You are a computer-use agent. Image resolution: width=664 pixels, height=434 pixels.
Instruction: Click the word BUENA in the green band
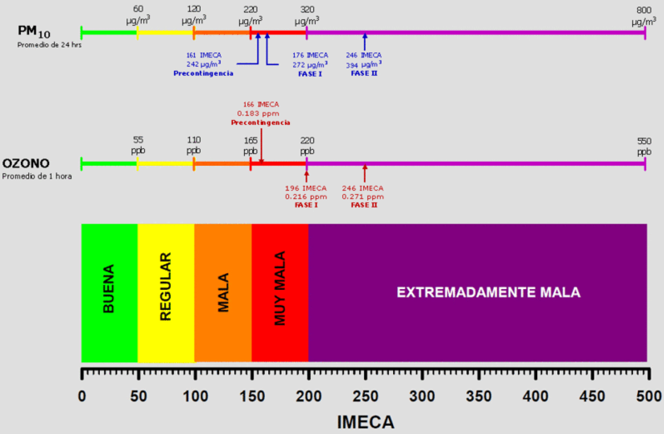tap(109, 289)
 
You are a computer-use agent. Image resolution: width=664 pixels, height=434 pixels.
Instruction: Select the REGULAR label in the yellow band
tap(166, 286)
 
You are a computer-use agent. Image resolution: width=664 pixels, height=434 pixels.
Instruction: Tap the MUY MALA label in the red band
tap(280, 288)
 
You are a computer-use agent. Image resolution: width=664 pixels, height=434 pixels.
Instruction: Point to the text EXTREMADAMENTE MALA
tap(488, 292)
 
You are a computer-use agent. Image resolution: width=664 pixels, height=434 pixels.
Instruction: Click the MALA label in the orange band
tap(223, 292)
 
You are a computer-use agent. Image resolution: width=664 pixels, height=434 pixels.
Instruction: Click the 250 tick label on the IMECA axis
tap(365, 396)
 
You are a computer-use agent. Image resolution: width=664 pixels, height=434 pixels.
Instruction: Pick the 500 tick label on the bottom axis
tap(649, 396)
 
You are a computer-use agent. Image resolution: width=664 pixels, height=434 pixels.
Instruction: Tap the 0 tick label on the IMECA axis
tap(82, 396)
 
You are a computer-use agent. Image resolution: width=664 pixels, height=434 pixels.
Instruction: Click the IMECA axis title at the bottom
tap(365, 422)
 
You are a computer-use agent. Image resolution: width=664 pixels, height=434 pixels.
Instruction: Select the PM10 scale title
tap(34, 32)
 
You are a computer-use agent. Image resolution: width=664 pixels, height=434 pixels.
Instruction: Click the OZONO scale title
tap(26, 163)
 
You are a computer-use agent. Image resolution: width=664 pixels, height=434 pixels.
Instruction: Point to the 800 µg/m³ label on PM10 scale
tap(644, 16)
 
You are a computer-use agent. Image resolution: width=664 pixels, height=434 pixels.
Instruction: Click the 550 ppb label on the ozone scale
tap(644, 146)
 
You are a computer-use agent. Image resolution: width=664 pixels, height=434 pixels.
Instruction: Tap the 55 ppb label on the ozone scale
tap(138, 145)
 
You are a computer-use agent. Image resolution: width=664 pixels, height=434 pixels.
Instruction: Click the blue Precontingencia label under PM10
tap(203, 73)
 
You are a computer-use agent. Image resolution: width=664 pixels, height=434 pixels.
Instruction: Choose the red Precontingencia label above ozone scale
tap(260, 123)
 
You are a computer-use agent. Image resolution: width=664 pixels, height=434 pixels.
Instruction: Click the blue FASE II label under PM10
tap(364, 73)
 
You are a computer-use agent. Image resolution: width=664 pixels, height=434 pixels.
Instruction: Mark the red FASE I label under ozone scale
tap(306, 205)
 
